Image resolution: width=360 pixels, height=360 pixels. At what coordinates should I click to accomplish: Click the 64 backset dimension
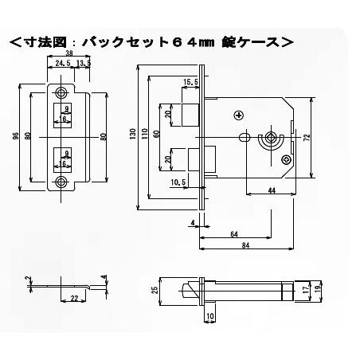pos(233,234)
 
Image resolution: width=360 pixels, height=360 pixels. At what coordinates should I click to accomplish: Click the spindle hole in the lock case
pos(273,137)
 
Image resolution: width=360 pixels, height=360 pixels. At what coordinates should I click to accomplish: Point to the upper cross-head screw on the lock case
pos(239,115)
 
